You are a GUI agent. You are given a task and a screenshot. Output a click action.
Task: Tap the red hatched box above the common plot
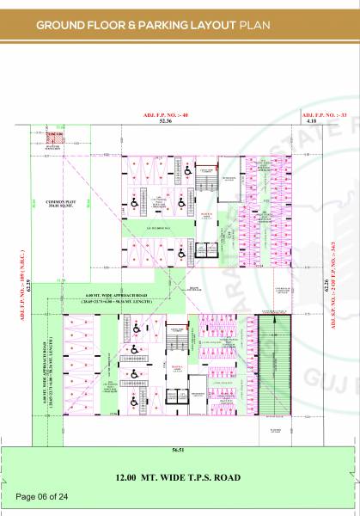(x=56, y=136)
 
